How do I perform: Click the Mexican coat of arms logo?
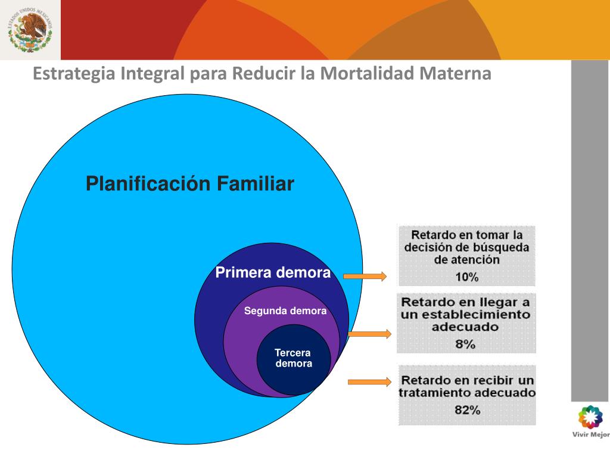[30, 30]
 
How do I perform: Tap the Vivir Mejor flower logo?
[590, 418]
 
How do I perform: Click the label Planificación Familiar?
[190, 183]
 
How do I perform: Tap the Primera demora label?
[273, 273]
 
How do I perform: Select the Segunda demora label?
[285, 311]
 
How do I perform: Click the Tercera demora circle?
[293, 359]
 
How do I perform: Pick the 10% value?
[466, 277]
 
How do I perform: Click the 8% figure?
[465, 344]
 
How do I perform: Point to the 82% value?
[467, 409]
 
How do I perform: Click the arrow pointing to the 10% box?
[365, 276]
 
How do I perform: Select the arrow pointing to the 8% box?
[369, 334]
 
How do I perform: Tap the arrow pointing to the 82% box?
[369, 381]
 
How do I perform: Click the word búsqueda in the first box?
[499, 248]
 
